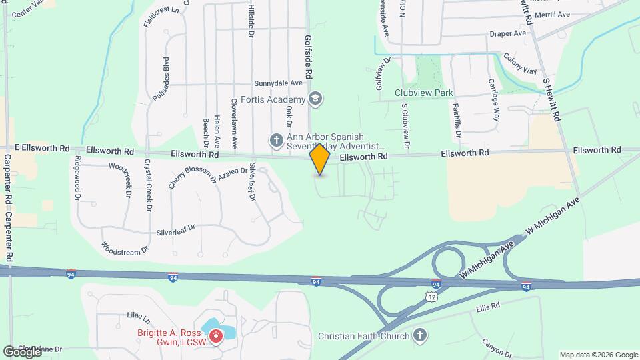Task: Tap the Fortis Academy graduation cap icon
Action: click(x=316, y=100)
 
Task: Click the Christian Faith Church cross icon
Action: click(x=420, y=335)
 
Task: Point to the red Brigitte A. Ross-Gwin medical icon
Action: click(x=215, y=338)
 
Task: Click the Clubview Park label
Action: click(x=423, y=93)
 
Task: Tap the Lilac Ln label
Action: click(x=140, y=319)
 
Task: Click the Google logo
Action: click(x=22, y=352)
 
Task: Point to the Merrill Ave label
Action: click(x=556, y=14)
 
